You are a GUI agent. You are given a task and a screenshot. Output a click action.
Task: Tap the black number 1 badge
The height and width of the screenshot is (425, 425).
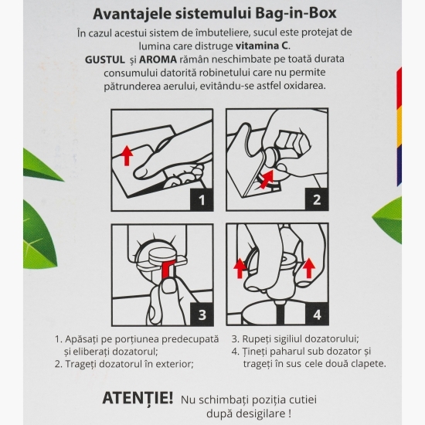tap(202, 200)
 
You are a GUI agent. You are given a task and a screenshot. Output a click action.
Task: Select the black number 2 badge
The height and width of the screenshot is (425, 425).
tap(316, 200)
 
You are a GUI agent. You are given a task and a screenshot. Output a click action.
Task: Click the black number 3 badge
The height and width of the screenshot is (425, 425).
tap(202, 314)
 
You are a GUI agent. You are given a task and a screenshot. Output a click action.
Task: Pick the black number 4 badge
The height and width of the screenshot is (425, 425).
tap(316, 314)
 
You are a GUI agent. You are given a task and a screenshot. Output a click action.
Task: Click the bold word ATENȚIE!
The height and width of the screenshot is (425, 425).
tap(138, 398)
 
